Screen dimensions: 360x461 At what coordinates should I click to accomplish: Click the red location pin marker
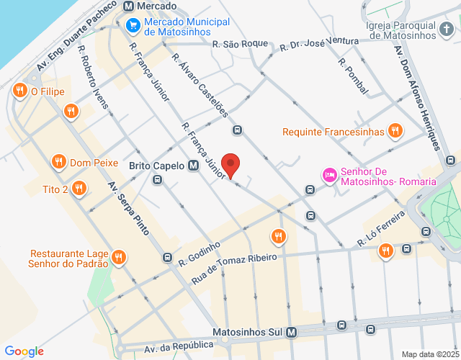coord(230,165)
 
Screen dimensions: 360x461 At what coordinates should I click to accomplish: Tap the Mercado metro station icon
coord(129,6)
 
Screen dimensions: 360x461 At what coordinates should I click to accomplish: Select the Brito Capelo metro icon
coord(193,166)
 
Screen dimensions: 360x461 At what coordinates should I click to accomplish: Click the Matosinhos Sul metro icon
coord(291,333)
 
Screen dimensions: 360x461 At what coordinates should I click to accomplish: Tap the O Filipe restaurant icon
coord(19,91)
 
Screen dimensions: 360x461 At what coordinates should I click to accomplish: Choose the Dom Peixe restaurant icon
coord(59,162)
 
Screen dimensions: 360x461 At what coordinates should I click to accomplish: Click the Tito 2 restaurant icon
coord(79,189)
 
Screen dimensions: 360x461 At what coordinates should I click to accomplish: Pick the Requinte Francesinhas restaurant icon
coord(394,131)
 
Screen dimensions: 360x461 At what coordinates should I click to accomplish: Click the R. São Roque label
coord(241,44)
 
